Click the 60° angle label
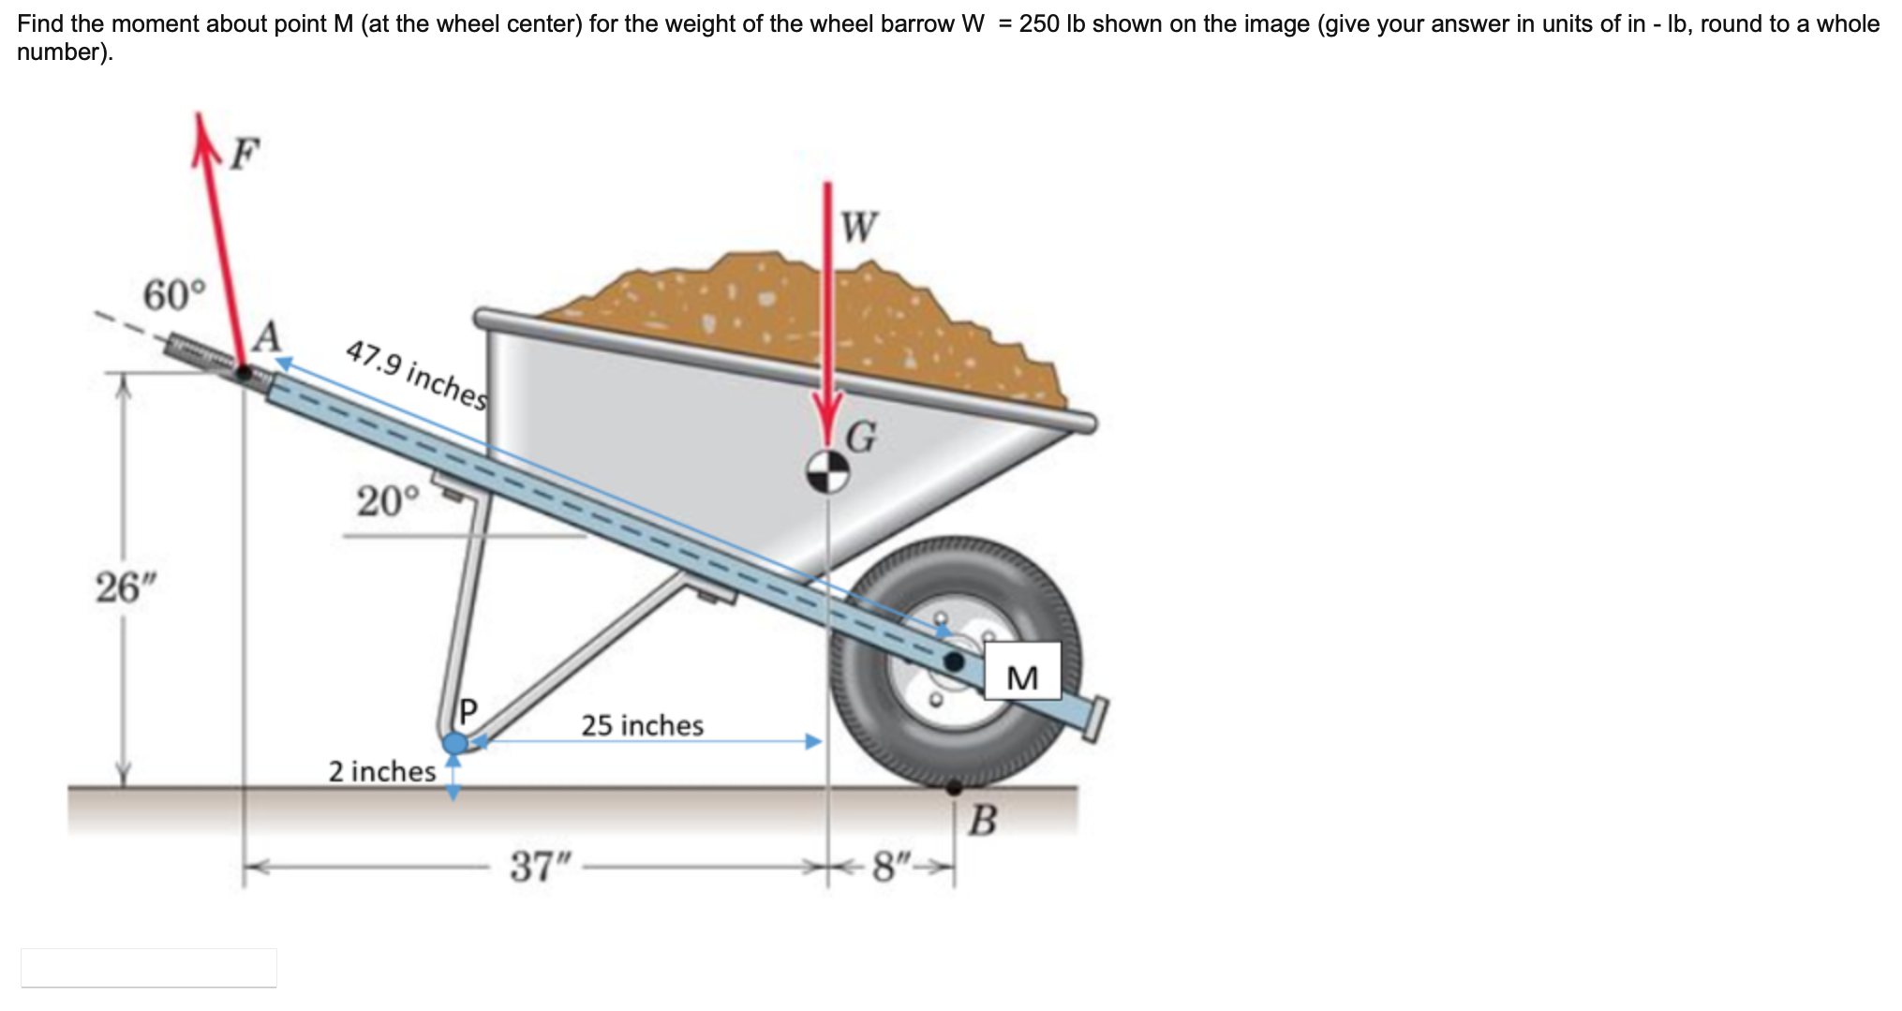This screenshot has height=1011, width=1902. [172, 296]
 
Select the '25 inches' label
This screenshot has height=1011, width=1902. [642, 725]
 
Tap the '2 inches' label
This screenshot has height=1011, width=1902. [381, 771]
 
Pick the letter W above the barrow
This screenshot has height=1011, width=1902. [859, 227]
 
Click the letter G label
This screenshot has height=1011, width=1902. [861, 437]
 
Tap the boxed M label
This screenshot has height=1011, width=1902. [1022, 676]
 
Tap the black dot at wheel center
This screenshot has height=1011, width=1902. [954, 662]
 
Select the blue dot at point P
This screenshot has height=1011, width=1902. [455, 744]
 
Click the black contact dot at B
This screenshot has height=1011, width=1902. [954, 788]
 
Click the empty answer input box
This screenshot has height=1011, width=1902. [149, 967]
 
